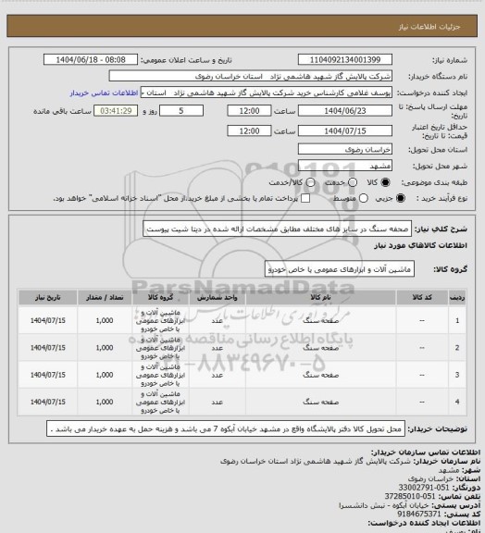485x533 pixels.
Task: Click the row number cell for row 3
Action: coord(457,377)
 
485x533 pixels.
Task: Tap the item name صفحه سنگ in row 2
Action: coord(316,349)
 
